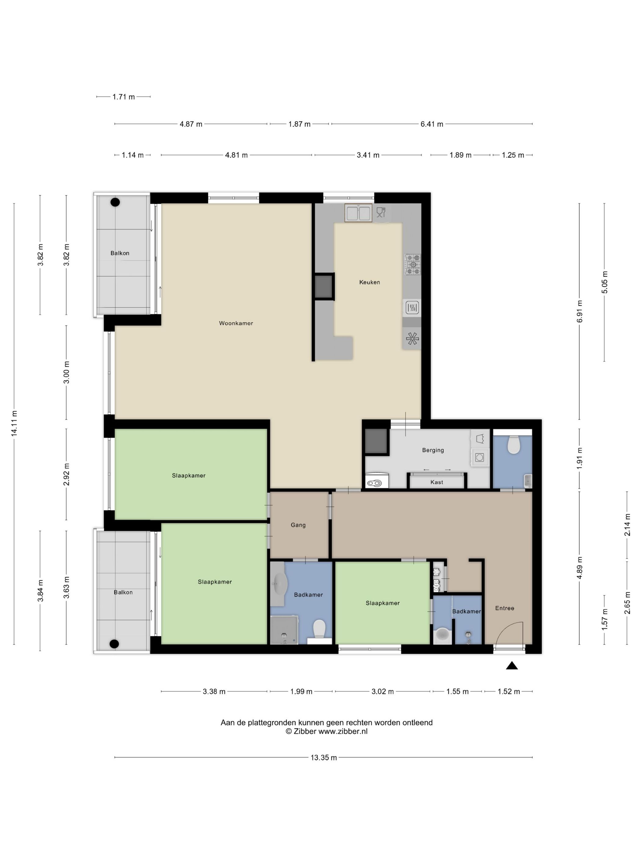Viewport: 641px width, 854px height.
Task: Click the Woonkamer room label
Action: [x=236, y=323]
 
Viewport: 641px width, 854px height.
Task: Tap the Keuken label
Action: [x=369, y=282]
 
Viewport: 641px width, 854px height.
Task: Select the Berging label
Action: [x=433, y=450]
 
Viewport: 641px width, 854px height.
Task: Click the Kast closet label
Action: [x=436, y=482]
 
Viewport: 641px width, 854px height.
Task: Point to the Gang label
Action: [x=298, y=525]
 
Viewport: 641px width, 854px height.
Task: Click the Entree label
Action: [x=505, y=608]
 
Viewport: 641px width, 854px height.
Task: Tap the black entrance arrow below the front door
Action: [x=512, y=665]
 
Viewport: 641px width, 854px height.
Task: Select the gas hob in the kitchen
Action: [x=412, y=264]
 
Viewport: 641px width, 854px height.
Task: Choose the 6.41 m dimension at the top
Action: [x=432, y=124]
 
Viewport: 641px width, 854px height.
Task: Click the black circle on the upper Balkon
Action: [x=115, y=202]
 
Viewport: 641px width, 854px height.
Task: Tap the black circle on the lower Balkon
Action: [x=114, y=644]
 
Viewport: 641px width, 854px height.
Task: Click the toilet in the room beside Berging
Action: [x=513, y=445]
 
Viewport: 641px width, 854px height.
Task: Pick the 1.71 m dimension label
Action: [x=124, y=97]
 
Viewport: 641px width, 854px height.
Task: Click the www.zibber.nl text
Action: [x=343, y=731]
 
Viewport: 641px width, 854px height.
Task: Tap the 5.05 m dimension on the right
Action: [x=605, y=282]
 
